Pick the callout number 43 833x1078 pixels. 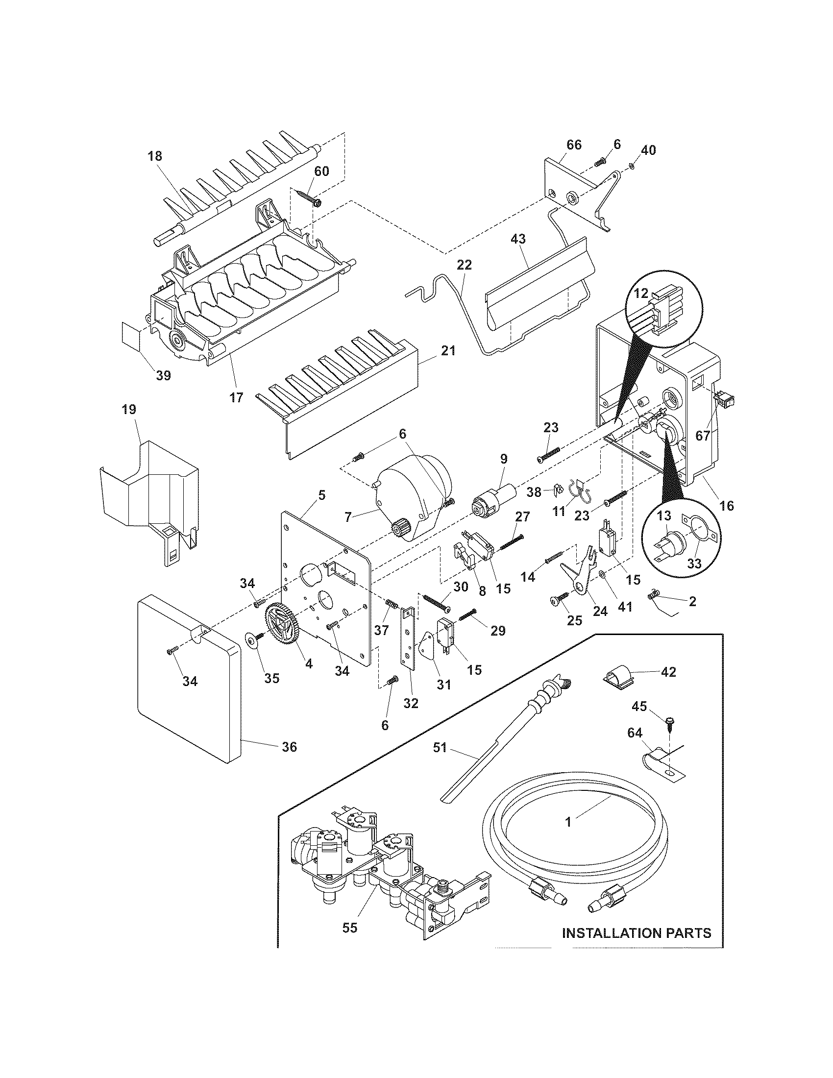point(518,239)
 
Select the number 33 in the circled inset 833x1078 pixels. point(694,563)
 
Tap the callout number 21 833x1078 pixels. point(448,351)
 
